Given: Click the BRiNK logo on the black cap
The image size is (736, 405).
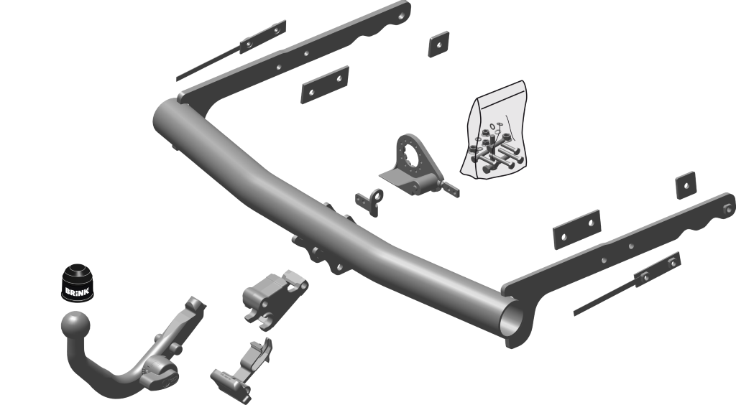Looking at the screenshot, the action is pos(76,292).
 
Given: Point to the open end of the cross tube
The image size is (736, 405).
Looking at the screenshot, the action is pos(513,322).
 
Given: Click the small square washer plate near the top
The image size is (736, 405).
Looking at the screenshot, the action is pos(438,45).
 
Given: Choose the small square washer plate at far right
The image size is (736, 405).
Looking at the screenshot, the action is pos(686,185).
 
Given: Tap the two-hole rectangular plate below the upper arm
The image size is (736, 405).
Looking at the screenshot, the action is pos(325,85).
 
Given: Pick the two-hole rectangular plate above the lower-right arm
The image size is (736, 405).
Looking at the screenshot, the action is pos(577,230).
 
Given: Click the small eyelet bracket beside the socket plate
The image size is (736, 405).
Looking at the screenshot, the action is pos(370,202).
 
